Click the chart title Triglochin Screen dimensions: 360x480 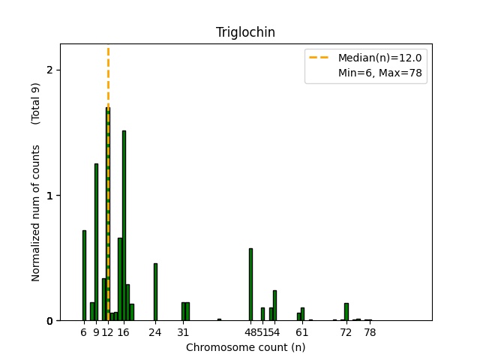[245, 32]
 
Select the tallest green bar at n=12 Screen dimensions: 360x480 [107, 217]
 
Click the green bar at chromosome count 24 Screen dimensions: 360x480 [155, 292]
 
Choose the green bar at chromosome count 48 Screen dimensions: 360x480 [250, 284]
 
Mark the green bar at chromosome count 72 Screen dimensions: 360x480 [346, 312]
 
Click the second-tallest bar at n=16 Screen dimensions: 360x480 [124, 225]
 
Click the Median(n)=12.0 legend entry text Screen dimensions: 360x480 [379, 58]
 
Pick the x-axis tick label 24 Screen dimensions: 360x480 [155, 332]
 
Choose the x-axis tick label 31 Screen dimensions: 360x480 [183, 332]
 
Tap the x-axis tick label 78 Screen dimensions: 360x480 [370, 332]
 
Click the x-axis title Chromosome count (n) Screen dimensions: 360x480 [245, 347]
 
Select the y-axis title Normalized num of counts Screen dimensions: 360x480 [36, 214]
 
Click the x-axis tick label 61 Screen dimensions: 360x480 [301, 332]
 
